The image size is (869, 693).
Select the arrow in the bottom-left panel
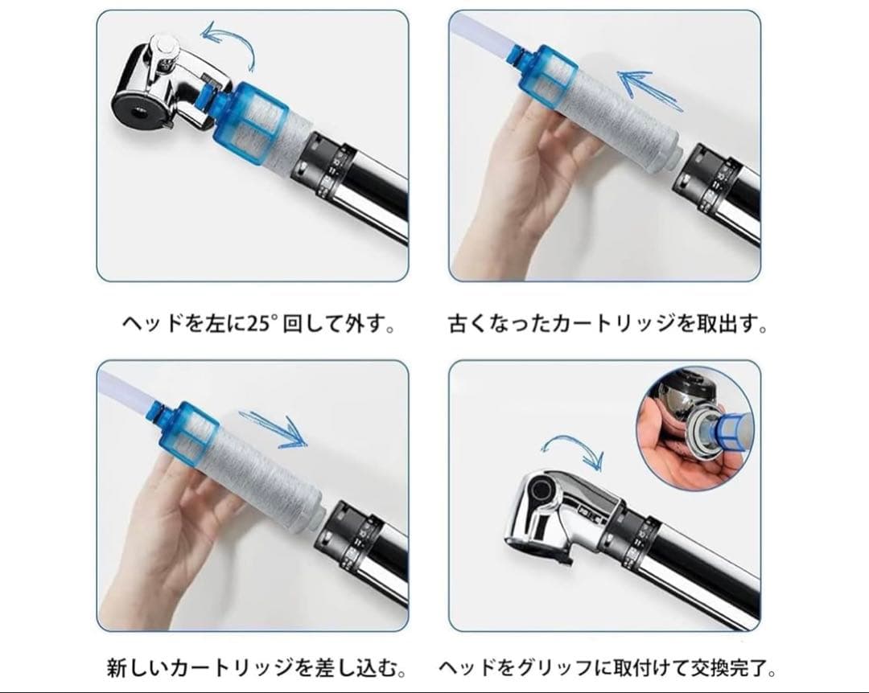point(278,429)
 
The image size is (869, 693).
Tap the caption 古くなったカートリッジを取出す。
point(607,326)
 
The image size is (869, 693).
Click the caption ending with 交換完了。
point(607,668)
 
